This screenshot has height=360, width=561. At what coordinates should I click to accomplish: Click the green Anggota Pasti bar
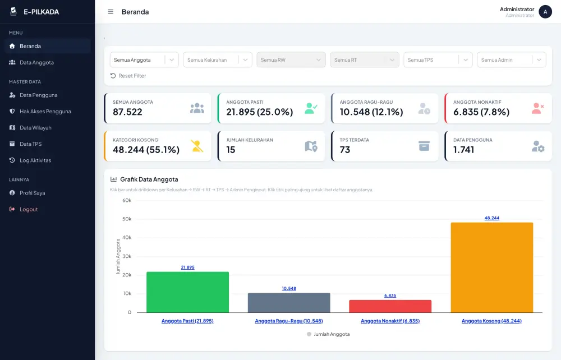pyautogui.click(x=187, y=292)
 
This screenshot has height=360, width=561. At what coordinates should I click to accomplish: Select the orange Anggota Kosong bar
pyautogui.click(x=492, y=267)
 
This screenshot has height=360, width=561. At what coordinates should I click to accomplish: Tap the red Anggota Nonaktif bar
pyautogui.click(x=390, y=306)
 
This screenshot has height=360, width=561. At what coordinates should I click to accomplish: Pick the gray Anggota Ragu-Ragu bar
pyautogui.click(x=289, y=303)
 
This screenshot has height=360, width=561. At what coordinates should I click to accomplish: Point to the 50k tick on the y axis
pyautogui.click(x=127, y=219)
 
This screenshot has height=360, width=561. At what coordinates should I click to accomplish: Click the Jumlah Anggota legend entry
pyautogui.click(x=328, y=334)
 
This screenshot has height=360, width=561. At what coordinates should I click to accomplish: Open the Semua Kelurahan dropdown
pyautogui.click(x=218, y=60)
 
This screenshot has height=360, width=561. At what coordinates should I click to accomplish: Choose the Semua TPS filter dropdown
pyautogui.click(x=438, y=60)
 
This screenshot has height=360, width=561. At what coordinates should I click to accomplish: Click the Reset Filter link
pyautogui.click(x=128, y=76)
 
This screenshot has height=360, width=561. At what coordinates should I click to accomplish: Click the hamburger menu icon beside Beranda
pyautogui.click(x=111, y=12)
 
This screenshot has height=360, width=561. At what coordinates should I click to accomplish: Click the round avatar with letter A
pyautogui.click(x=545, y=12)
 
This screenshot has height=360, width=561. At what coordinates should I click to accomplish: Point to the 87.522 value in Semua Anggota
pyautogui.click(x=127, y=112)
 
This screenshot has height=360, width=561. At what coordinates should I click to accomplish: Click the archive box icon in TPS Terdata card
pyautogui.click(x=424, y=146)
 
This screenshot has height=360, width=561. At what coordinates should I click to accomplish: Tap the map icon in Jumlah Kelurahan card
pyautogui.click(x=311, y=146)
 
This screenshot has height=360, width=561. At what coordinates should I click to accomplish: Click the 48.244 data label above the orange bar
pyautogui.click(x=492, y=218)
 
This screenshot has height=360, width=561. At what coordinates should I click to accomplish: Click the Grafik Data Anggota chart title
pyautogui.click(x=149, y=179)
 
